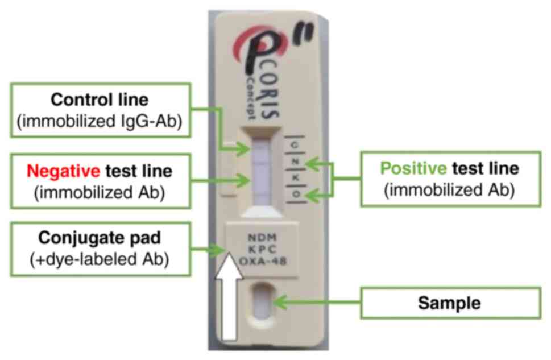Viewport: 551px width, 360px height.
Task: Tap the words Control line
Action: [x=100, y=100]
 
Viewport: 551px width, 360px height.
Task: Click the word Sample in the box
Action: [x=449, y=303]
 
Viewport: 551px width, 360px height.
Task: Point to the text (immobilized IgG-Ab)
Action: [x=100, y=122]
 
